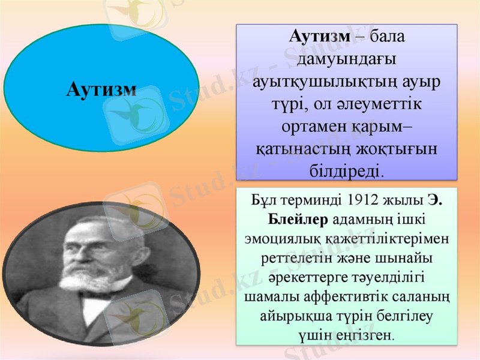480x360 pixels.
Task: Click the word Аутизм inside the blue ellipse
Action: point(101,89)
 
